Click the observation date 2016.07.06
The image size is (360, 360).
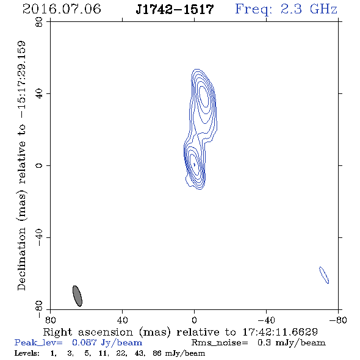coord(62,9)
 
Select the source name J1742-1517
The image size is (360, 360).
coord(175,9)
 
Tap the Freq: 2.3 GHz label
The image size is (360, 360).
coord(286,9)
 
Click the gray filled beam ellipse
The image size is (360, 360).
coord(77,296)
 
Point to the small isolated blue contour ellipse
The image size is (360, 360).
coord(324,275)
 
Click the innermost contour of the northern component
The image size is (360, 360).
coord(204,96)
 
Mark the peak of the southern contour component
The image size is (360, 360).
coord(194,164)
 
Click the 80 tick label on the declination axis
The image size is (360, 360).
coord(39,22)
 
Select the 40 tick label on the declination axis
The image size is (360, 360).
coord(39,94)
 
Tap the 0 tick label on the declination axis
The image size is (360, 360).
coord(39,165)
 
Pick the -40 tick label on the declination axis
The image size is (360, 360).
coord(39,237)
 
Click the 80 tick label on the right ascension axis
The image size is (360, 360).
coord(50,320)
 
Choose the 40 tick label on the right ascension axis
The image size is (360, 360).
coord(122,320)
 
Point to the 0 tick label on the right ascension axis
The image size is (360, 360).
coord(194,320)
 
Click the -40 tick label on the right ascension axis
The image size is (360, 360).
coord(266,320)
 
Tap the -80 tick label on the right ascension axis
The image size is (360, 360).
coord(338,320)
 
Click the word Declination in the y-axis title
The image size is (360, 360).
coord(21,259)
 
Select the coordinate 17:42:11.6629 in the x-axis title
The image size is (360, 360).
coord(280,332)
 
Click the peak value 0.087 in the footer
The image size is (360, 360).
coord(84,342)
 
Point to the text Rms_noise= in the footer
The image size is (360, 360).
coord(220,343)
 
